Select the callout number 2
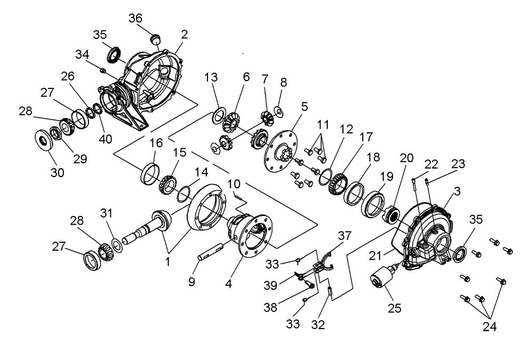(185, 35)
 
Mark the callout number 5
(304, 106)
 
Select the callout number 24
(488, 325)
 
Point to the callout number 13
(211, 77)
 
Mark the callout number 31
(106, 213)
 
